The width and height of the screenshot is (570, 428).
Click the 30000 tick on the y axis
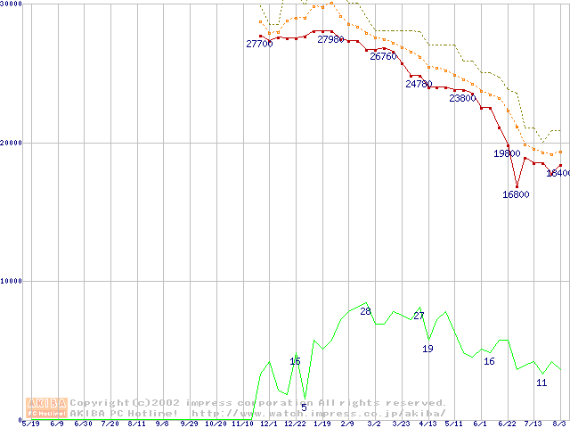point(12,4)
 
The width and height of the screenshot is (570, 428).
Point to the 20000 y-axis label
point(12,143)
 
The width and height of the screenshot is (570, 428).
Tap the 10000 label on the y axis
point(12,281)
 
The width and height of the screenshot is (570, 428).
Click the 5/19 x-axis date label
point(30,424)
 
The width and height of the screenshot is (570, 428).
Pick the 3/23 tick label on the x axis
point(401,424)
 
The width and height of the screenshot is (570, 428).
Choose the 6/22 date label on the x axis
point(507,424)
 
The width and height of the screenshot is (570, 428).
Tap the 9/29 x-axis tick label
point(190,424)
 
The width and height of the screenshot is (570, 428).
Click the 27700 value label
point(259,44)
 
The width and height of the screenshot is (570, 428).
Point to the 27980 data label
point(330,40)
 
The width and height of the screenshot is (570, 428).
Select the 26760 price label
point(383,56)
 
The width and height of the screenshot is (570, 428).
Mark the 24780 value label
point(419,85)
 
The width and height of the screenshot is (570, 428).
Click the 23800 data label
point(462,99)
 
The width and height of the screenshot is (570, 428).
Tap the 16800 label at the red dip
point(516,194)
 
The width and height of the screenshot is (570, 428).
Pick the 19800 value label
point(507,153)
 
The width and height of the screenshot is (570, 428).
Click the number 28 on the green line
point(365,311)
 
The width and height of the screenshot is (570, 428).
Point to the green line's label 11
point(541,383)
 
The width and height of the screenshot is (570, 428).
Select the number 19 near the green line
point(427,349)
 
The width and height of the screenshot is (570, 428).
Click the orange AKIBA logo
point(46,407)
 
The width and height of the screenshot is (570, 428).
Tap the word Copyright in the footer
point(101,403)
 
